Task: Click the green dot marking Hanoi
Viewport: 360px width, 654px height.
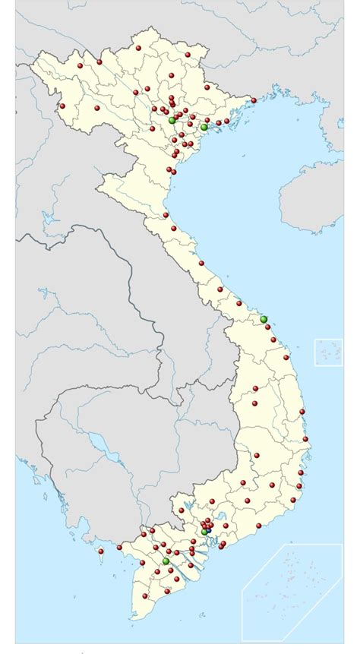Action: [x=172, y=120]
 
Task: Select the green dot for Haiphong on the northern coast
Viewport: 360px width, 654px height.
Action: [x=204, y=127]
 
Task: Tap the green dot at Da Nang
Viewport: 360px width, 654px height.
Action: [x=264, y=319]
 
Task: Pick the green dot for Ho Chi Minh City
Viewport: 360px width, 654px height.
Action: [x=204, y=532]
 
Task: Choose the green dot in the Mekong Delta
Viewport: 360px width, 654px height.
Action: [x=166, y=561]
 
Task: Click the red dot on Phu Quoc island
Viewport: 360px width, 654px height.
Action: [x=100, y=551]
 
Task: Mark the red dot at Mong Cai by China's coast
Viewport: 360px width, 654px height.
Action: [x=254, y=100]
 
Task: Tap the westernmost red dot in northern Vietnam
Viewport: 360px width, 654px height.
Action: [x=62, y=106]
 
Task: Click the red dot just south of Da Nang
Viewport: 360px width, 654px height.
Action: [x=267, y=327]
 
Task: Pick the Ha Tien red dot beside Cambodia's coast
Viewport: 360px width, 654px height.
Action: [x=119, y=547]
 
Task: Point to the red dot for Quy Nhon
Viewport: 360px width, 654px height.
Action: [x=302, y=412]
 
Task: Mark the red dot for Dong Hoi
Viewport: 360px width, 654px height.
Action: [x=201, y=264]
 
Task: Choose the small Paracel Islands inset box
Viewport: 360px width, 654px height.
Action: [x=328, y=352]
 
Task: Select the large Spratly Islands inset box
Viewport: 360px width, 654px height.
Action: [x=292, y=589]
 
